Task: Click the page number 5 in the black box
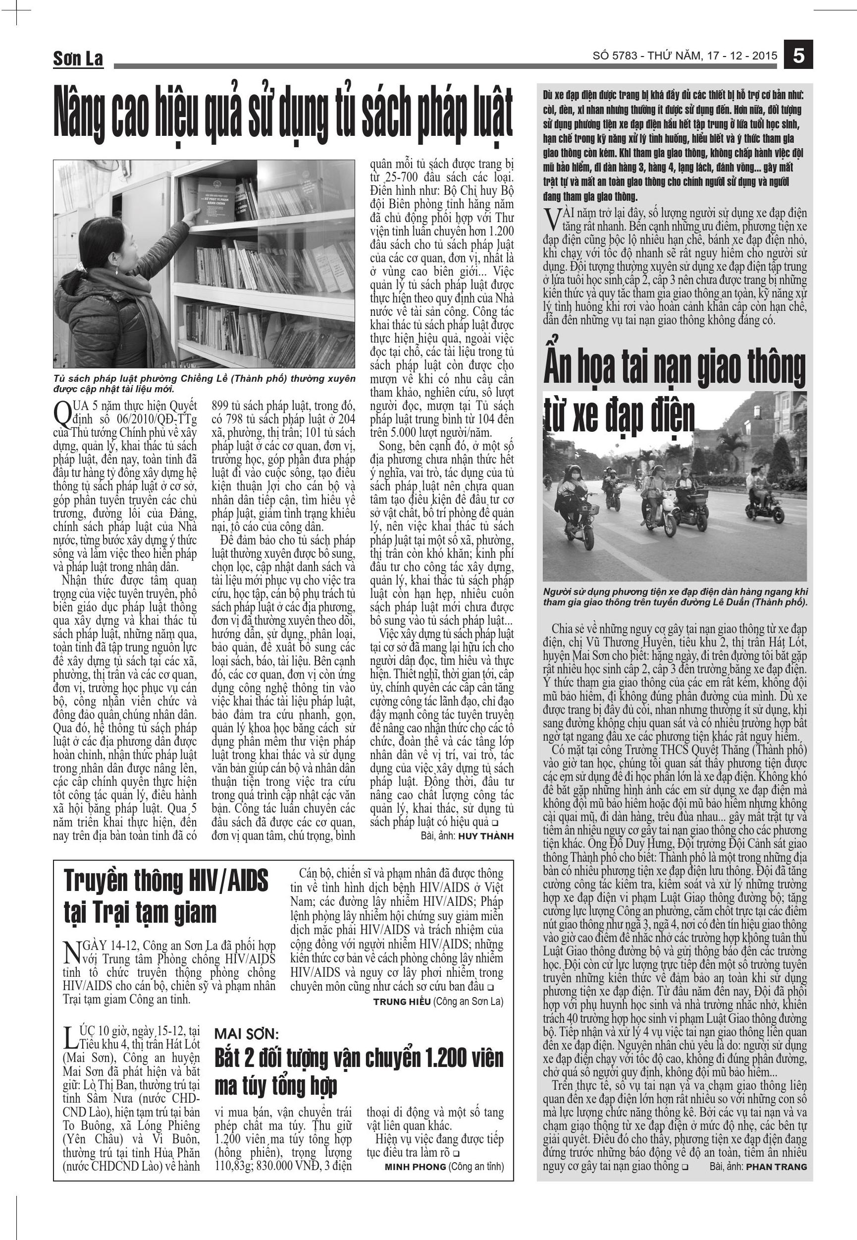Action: pos(799,56)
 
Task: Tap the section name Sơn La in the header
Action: pos(78,59)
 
